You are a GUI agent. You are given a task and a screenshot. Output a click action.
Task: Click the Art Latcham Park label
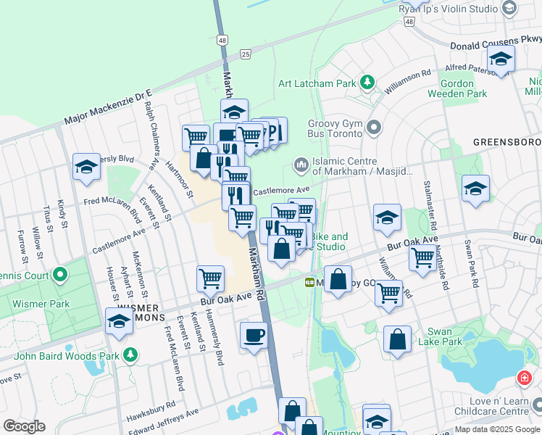(317, 83)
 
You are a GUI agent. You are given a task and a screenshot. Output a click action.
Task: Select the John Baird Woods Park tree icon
(130, 355)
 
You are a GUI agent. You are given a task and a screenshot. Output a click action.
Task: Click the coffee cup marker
(254, 336)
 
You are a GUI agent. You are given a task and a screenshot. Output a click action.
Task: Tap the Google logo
(25, 426)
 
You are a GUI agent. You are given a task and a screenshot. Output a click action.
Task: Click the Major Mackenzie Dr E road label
(109, 106)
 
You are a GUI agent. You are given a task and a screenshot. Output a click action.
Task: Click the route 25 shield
(246, 54)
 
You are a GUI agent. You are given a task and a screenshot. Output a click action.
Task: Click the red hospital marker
(523, 378)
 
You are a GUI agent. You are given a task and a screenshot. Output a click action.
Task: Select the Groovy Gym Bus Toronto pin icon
(374, 128)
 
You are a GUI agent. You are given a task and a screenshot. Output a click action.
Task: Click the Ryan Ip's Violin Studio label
(449, 9)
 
